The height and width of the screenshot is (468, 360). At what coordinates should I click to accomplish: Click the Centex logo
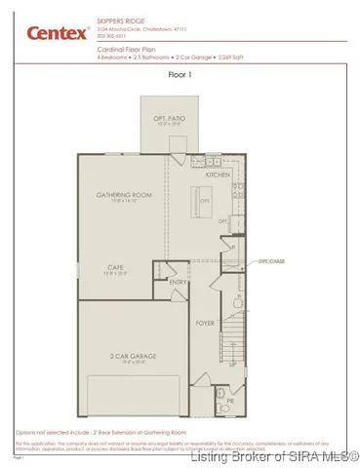48,33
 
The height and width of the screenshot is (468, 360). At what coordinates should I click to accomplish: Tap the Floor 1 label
180,74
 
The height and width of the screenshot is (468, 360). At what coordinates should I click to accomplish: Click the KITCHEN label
218,175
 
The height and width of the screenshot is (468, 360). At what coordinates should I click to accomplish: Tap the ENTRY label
178,283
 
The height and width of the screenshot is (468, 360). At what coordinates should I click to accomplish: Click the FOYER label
205,323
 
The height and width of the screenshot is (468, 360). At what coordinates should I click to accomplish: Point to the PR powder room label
230,400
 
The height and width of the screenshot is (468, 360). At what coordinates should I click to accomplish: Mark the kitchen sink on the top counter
211,161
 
